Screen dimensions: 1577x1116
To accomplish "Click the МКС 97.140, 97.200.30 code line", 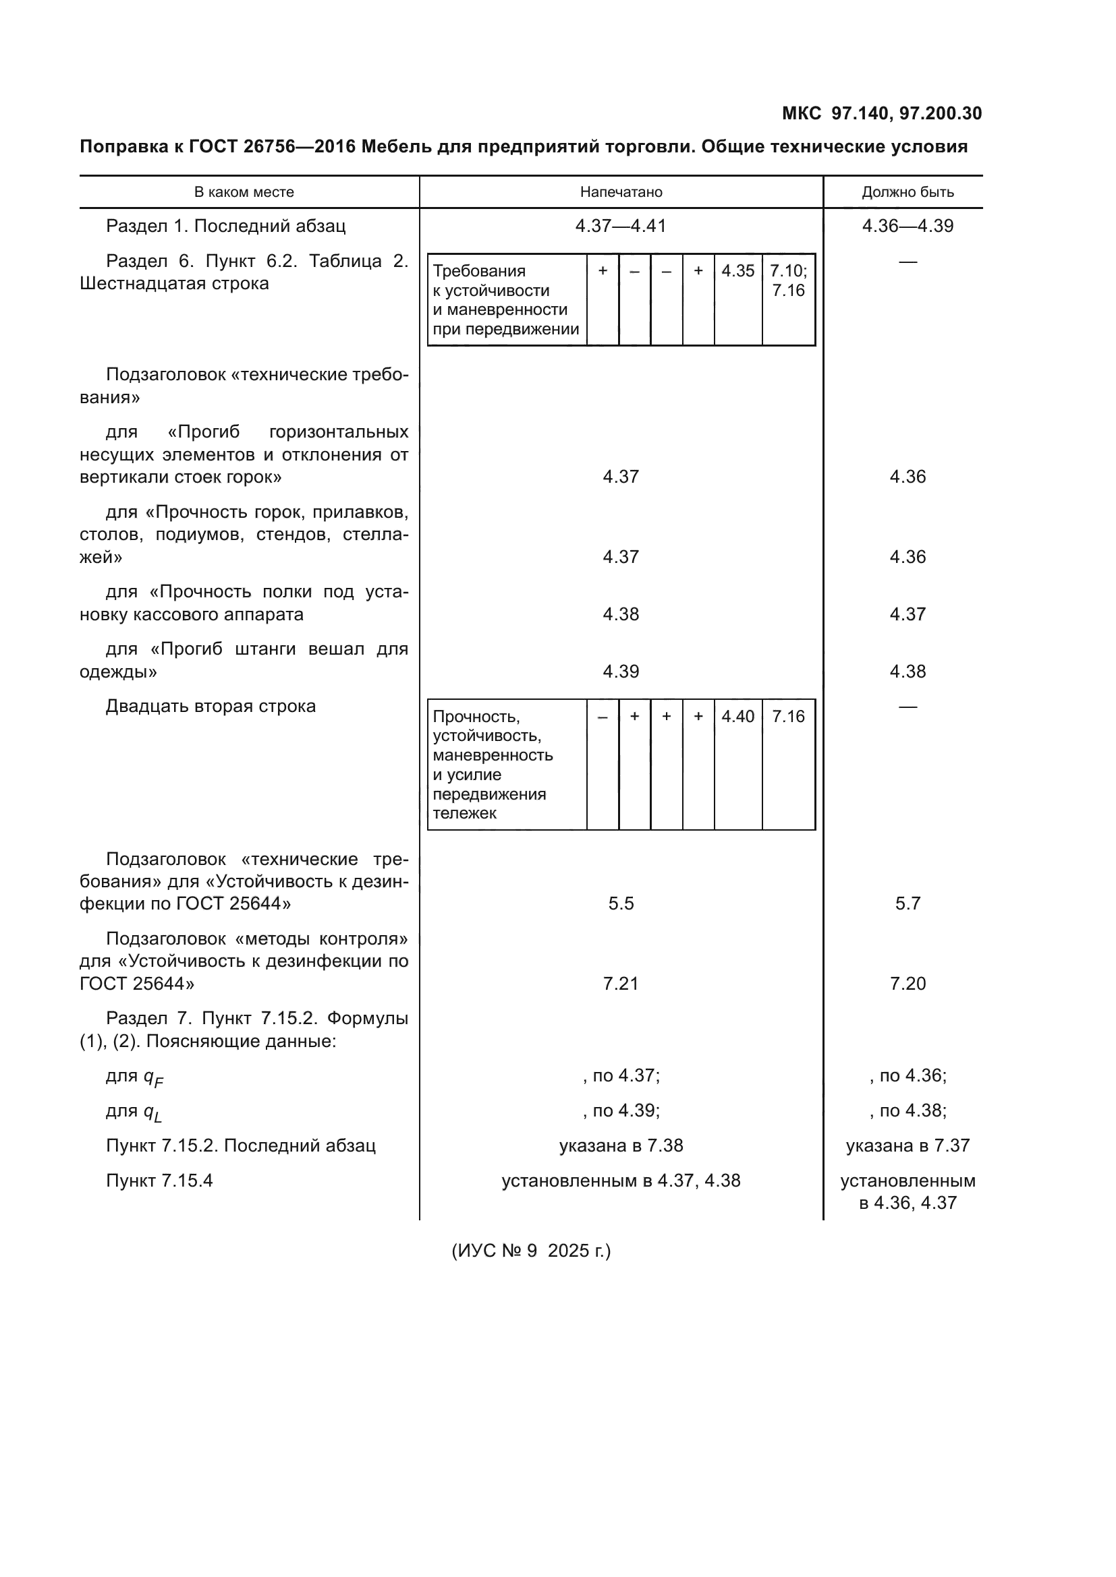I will (882, 113).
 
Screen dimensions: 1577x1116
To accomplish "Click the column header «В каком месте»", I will (244, 192).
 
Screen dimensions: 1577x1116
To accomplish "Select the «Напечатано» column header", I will (621, 192).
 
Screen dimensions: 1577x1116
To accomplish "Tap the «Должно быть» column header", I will (908, 192).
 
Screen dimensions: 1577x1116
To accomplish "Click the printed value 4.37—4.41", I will (621, 226).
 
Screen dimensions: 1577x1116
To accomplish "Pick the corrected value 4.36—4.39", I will (908, 226).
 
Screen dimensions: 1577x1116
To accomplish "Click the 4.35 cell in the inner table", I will (738, 271).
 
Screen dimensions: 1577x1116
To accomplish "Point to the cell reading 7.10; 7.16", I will (788, 281).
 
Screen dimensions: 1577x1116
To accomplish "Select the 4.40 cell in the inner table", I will (738, 717).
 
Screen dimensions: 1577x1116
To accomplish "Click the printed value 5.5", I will (621, 903).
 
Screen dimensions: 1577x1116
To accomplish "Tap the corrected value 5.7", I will (908, 903).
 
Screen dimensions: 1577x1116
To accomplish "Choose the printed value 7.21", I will (621, 984).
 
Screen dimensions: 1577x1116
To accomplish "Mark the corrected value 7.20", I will (908, 984).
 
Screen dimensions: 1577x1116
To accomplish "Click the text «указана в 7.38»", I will (621, 1145).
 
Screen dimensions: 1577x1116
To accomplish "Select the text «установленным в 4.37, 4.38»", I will (621, 1181).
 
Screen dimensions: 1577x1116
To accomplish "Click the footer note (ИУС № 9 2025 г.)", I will (531, 1251).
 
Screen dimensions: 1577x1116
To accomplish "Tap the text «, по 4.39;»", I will (621, 1110).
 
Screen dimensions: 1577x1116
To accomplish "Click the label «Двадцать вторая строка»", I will (211, 706).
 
